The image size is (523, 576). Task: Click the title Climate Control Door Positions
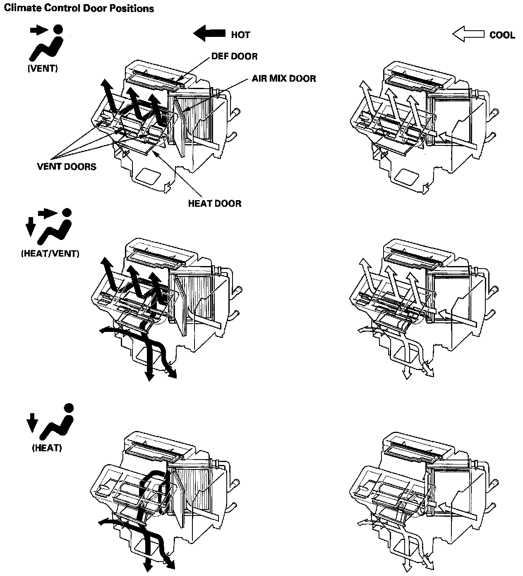coord(79,8)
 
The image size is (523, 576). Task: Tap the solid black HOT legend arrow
coord(209,34)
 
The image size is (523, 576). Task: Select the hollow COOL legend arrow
coord(468,34)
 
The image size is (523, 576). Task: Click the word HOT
coord(240,35)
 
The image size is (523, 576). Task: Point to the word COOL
coord(502,35)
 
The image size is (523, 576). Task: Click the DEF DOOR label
coord(234,56)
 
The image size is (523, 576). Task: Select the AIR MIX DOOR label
coord(284,78)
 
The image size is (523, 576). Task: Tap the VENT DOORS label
coord(67,167)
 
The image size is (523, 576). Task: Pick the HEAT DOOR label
coord(214,203)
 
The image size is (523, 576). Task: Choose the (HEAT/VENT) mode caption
coord(50,253)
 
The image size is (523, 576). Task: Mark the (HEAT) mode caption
coord(47,448)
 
